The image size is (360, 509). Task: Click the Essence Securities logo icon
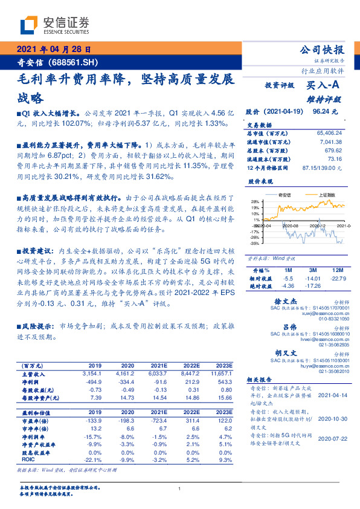coord(28,25)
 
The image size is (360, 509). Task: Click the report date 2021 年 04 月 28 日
coord(53,50)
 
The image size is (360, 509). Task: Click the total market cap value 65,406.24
coord(329,132)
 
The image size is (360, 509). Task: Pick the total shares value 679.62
coord(334,149)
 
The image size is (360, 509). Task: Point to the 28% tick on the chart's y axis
coord(256,202)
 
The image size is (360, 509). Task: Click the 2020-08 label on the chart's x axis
coord(291,225)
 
